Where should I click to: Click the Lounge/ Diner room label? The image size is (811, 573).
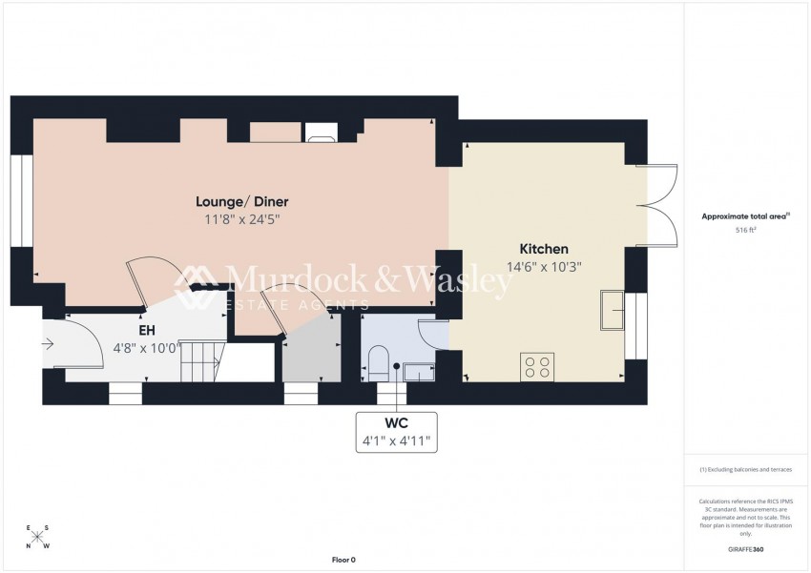click(x=241, y=201)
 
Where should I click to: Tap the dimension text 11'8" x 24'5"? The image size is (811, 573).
click(x=241, y=219)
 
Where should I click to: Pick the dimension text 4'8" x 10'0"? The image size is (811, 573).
click(x=146, y=347)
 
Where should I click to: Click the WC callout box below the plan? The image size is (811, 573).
click(x=397, y=431)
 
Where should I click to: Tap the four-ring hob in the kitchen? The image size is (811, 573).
click(x=537, y=366)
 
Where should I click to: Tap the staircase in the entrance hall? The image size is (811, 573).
click(x=203, y=361)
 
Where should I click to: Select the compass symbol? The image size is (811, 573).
click(x=38, y=536)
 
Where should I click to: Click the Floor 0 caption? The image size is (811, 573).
click(x=343, y=560)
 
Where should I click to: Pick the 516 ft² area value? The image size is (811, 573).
click(x=745, y=231)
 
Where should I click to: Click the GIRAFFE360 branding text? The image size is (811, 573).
click(x=745, y=550)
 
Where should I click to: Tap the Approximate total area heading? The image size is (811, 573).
click(x=745, y=216)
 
